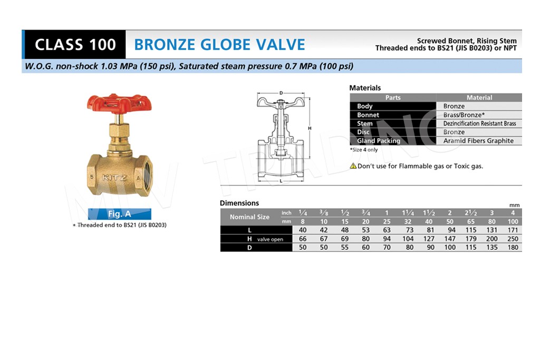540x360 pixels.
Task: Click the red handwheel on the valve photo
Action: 119,103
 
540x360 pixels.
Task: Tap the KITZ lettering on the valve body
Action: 114,178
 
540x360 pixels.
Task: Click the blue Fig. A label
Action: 120,213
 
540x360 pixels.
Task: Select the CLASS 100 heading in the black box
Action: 75,45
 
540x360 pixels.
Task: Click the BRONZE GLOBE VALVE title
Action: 219,45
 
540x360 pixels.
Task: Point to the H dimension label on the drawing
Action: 310,129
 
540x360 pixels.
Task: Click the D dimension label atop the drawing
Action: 281,93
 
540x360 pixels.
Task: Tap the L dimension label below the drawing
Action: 281,181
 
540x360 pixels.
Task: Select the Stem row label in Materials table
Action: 365,123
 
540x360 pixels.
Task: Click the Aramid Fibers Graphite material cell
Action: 478,140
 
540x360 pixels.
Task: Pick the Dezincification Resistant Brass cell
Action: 479,123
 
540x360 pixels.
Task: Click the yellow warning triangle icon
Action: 353,166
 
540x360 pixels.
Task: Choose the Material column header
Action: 479,98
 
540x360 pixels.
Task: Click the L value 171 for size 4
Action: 513,230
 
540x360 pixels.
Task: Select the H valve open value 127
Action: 429,239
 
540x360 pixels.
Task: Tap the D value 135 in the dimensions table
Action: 492,247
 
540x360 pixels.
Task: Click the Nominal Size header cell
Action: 249,217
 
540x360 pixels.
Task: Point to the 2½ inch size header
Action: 471,213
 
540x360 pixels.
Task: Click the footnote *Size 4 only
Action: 364,150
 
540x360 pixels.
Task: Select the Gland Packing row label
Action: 379,140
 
